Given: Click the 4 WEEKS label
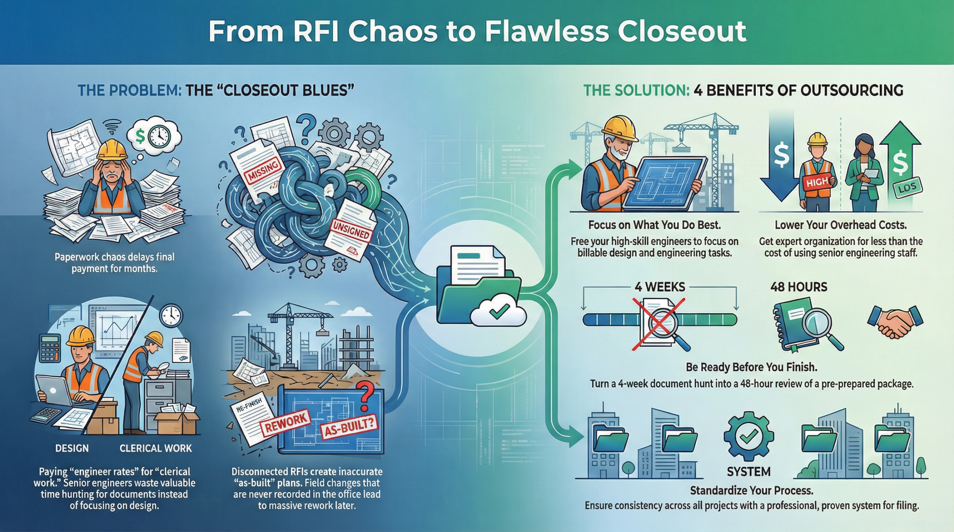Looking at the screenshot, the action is pyautogui.click(x=660, y=287).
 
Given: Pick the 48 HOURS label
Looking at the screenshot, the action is pyautogui.click(x=799, y=287).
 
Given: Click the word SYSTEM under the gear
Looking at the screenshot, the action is pyautogui.click(x=749, y=472).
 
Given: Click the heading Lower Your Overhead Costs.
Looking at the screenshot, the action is pyautogui.click(x=841, y=225).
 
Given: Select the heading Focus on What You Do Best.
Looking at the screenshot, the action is pyautogui.click(x=654, y=225).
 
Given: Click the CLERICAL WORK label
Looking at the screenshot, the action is pyautogui.click(x=156, y=448).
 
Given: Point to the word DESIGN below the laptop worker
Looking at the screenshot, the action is pyautogui.click(x=72, y=448).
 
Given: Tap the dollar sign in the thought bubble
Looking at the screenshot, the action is pyautogui.click(x=140, y=136).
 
